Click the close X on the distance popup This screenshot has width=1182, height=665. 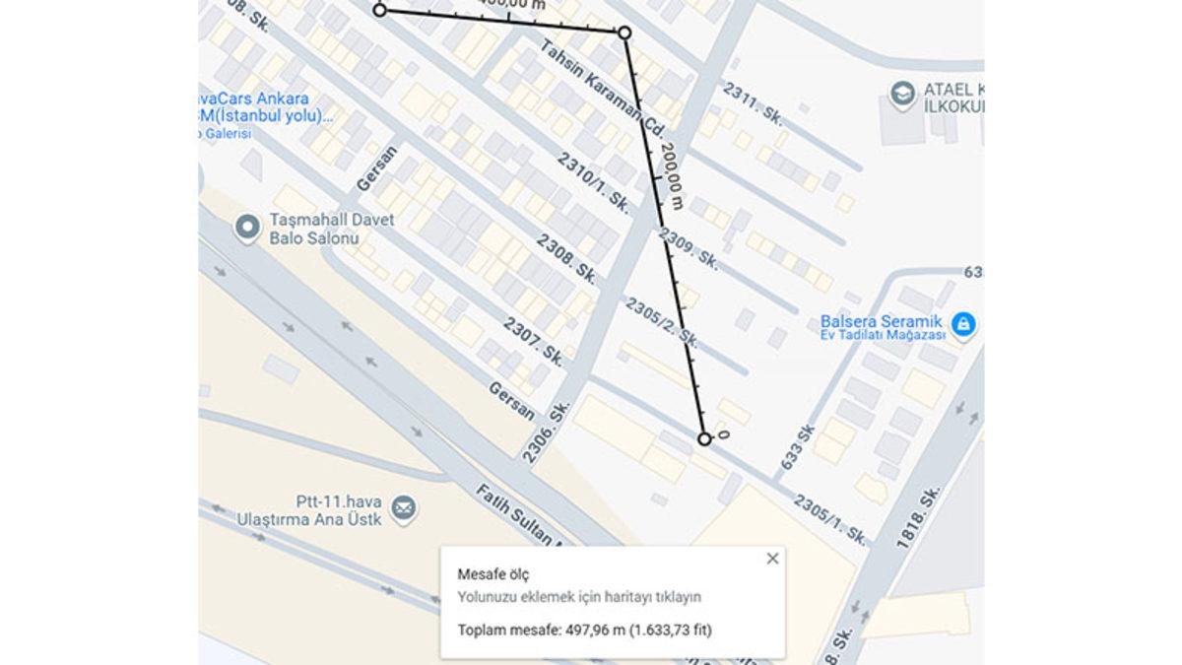coord(772,559)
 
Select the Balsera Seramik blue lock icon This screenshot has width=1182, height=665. coord(963,323)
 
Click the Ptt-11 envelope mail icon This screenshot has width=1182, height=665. coord(402,508)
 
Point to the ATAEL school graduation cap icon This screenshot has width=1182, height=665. coord(901,95)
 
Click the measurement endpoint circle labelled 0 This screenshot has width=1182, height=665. coord(704,438)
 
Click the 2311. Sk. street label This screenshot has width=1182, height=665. coord(754,103)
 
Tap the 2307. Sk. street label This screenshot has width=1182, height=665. coord(533,342)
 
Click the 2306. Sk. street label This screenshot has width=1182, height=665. coord(547,431)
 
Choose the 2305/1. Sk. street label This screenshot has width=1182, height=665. coord(830,520)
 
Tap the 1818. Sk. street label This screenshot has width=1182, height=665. coord(919,518)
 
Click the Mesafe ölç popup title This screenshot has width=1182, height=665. coord(486,573)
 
